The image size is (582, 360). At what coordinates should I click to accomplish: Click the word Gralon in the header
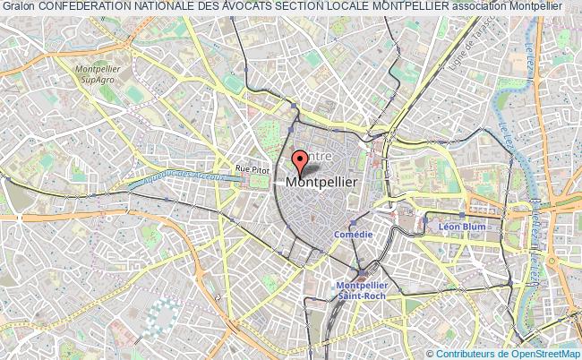pos(17,6)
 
